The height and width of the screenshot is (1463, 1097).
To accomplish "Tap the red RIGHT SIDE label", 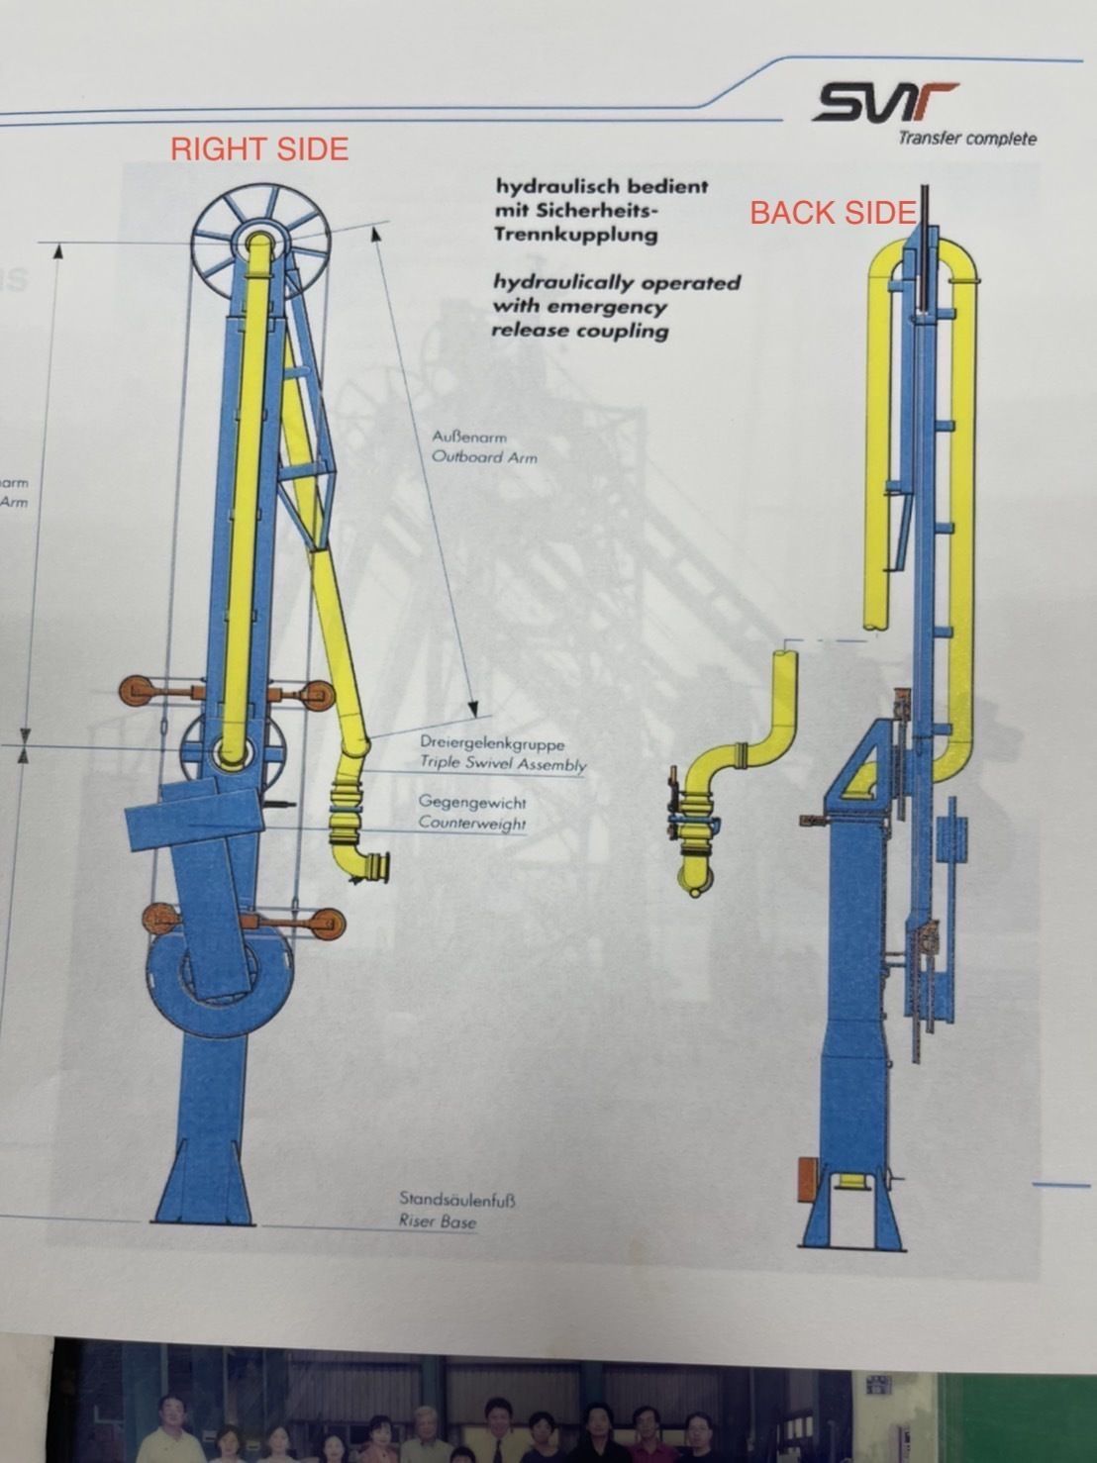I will (x=259, y=149).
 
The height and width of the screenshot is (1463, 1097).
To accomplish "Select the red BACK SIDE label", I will (x=832, y=213).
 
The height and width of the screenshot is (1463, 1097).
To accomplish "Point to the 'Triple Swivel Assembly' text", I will (x=502, y=763).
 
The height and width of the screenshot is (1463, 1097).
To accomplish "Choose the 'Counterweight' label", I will (x=471, y=823).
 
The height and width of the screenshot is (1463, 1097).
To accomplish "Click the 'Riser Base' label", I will (x=437, y=1221).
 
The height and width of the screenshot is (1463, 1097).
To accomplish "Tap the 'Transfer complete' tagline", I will (x=966, y=139).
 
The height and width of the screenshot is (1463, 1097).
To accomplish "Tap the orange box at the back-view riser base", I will (x=807, y=1179).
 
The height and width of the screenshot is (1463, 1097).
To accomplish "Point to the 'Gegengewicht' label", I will (x=471, y=802).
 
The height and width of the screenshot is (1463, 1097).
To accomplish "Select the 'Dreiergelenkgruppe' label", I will (x=491, y=742).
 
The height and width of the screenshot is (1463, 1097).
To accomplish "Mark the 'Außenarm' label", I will (x=468, y=437).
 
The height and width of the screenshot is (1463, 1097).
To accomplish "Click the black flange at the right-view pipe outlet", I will (x=381, y=866).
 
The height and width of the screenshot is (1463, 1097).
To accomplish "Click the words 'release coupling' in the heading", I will (x=579, y=331).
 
